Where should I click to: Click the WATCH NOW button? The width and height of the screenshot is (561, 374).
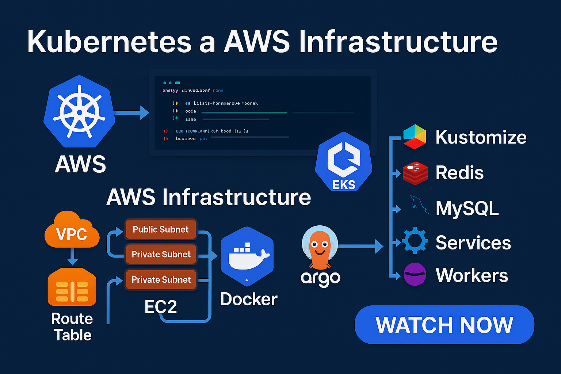pos(444,325)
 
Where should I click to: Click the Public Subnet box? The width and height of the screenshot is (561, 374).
pos(161,229)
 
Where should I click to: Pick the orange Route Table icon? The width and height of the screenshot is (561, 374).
pos(72,287)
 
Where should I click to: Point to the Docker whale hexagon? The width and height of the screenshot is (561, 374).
pos(247,256)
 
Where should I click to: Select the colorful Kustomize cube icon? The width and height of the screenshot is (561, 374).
pos(415,137)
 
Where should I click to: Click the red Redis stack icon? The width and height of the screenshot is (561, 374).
pos(415,173)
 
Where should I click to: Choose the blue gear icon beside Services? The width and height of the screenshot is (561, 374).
pos(415,241)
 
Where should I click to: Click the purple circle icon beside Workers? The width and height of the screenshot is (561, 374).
pos(415,274)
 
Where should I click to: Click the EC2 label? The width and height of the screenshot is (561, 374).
pos(161,307)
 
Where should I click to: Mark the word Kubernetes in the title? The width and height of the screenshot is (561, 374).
pos(109,42)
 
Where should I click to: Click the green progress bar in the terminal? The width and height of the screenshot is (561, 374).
pos(244,112)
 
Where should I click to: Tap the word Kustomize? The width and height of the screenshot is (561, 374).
pos(481,137)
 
